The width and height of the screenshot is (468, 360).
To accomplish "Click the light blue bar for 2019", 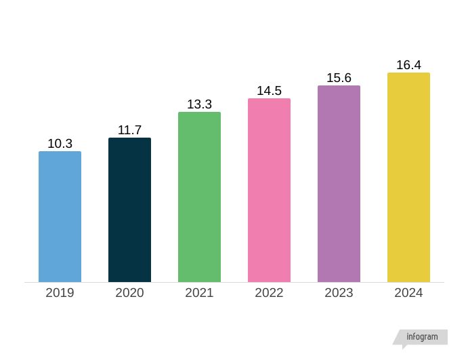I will coord(60,217).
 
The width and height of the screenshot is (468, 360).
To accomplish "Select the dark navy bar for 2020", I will coord(129,210).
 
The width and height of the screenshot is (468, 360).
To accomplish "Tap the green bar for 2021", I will coord(199,197).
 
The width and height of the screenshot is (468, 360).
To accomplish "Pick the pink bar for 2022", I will coord(269,191).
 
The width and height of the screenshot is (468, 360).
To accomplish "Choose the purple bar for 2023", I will coord(339,184).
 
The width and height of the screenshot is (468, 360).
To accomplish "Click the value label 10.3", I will coord(60,144).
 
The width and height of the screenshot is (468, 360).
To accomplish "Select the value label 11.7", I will coord(129,130).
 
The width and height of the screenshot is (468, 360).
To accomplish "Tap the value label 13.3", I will coord(199,104).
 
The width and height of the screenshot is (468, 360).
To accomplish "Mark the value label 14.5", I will coord(269,91).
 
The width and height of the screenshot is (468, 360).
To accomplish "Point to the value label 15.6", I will coord(339,78).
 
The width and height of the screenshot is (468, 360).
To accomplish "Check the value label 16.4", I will coord(408,65).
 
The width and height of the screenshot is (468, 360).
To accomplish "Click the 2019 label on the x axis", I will coord(60,293).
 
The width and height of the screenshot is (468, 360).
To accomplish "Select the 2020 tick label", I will coord(129,293).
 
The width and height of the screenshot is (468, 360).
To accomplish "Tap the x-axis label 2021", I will coord(199,293).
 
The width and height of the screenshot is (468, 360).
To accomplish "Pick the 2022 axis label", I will coord(269,293).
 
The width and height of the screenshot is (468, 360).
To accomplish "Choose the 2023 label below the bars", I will coord(339,293).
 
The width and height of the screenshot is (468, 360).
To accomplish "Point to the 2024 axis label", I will coord(408,293).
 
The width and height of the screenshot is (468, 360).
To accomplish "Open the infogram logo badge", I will coord(421,337).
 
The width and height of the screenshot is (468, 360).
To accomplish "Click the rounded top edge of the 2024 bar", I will coord(408,74).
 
